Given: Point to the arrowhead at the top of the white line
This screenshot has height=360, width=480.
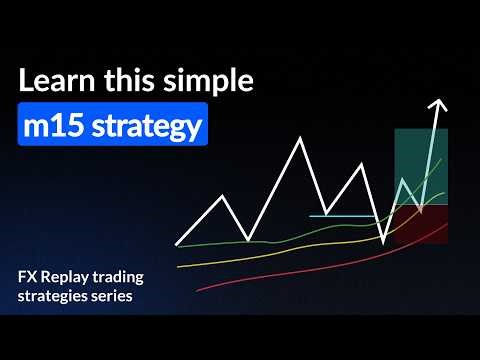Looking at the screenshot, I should [437, 104].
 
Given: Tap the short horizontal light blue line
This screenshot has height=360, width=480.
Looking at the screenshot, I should [340, 215].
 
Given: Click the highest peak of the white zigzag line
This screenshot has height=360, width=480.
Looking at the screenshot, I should [300, 137].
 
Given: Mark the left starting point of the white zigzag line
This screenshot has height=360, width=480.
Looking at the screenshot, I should [177, 243].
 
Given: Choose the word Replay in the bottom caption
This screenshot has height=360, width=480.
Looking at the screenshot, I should [71, 276].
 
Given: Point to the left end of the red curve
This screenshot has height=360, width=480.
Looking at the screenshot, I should [198, 290].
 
